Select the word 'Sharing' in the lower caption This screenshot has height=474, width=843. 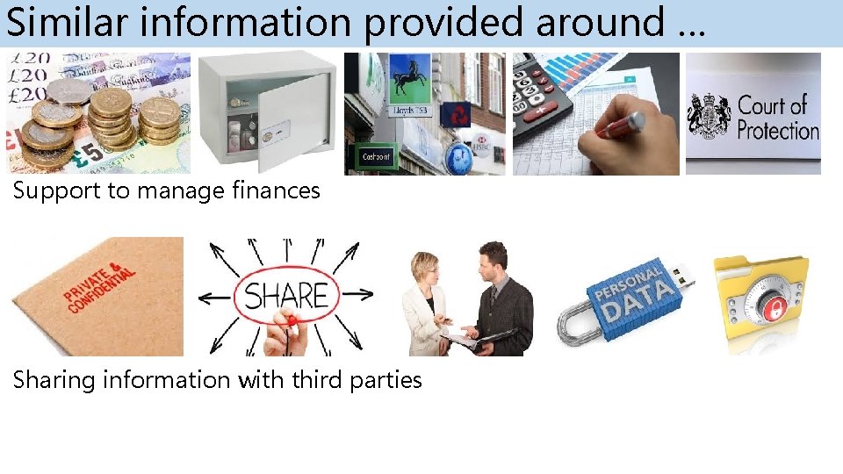tap(52, 380)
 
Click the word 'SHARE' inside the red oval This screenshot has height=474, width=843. tap(286, 297)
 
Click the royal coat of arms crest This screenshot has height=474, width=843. tap(710, 115)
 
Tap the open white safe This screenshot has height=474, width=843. tap(265, 112)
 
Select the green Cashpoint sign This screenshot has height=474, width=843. tap(378, 157)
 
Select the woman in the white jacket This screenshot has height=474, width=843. tap(428, 302)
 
